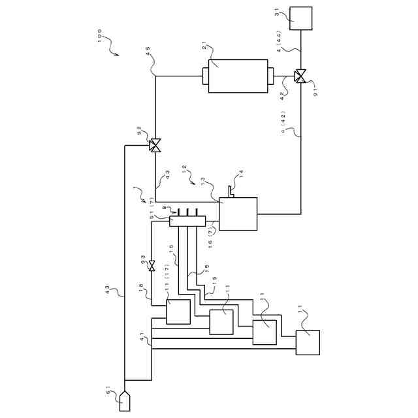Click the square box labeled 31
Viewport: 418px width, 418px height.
click(x=301, y=18)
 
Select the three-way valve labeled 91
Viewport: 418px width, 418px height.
click(x=300, y=76)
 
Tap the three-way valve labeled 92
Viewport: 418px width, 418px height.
click(x=155, y=146)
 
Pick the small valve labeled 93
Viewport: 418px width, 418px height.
click(x=152, y=266)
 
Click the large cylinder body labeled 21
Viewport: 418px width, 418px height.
click(x=238, y=76)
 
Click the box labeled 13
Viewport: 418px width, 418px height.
click(x=238, y=214)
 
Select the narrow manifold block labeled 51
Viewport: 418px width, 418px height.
click(x=187, y=221)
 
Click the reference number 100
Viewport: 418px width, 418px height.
click(x=99, y=35)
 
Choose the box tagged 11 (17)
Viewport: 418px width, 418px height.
click(x=178, y=312)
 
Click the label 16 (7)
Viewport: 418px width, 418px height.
click(x=210, y=237)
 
